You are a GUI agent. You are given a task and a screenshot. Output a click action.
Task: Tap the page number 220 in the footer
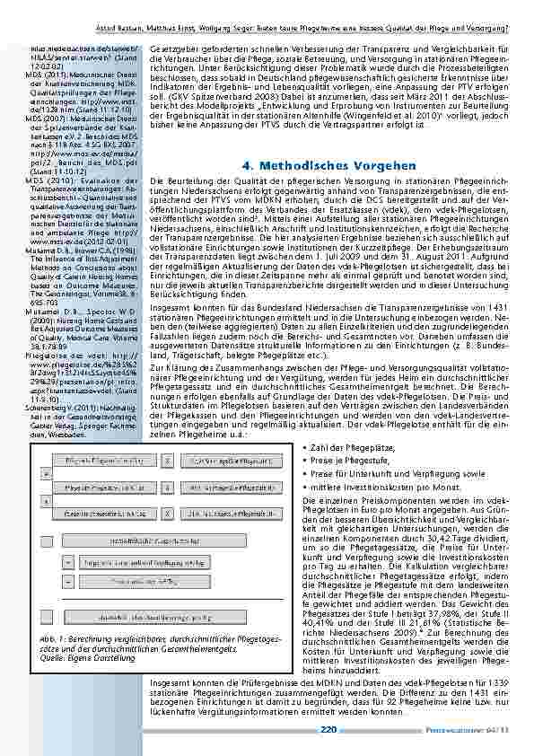point(328,729)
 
